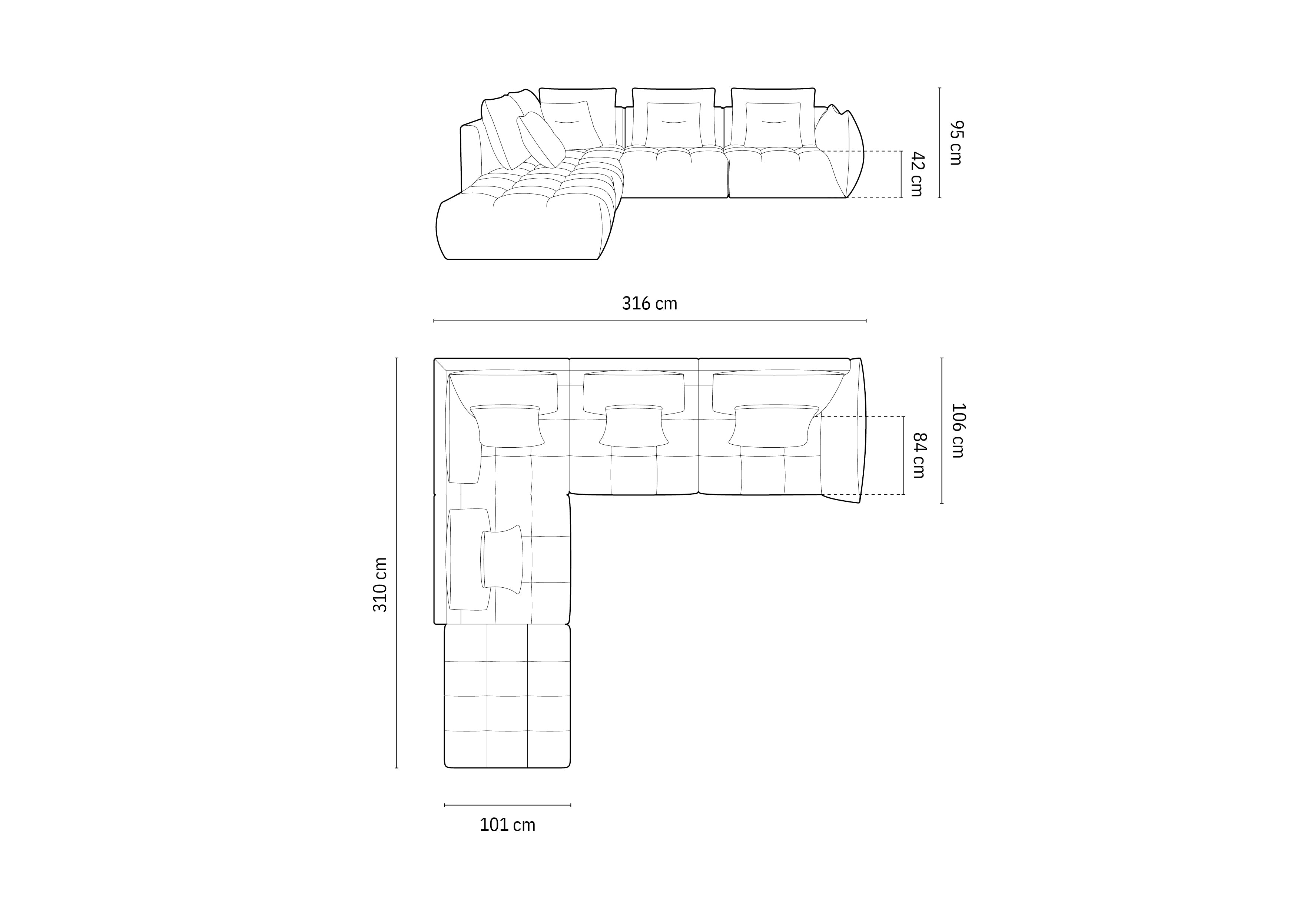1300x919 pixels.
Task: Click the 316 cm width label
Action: tap(649, 304)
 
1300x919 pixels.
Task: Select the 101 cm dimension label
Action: tap(507, 825)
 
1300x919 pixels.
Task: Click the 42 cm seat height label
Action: tap(917, 175)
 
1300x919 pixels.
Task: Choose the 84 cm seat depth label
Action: tap(919, 455)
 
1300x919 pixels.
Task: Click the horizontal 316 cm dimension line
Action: tap(649, 321)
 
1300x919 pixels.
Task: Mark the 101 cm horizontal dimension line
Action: tap(507, 804)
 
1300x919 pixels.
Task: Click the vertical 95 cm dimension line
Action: tap(939, 143)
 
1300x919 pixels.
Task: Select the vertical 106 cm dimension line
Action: tap(942, 430)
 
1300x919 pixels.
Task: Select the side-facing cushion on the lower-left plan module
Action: tap(501, 558)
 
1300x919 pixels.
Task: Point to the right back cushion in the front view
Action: tap(772, 125)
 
